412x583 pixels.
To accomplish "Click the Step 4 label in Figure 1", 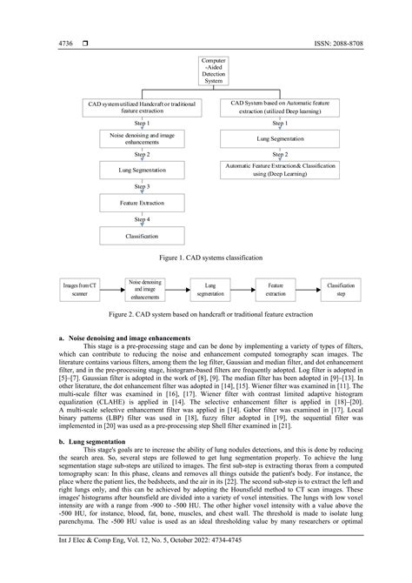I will coord(141,218).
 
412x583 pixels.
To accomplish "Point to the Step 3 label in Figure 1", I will coord(141,185).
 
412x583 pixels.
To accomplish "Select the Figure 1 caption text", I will coord(206,258).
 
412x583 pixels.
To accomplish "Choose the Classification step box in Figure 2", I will coord(341,288).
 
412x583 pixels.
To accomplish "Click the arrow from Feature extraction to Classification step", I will coord(305,288).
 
